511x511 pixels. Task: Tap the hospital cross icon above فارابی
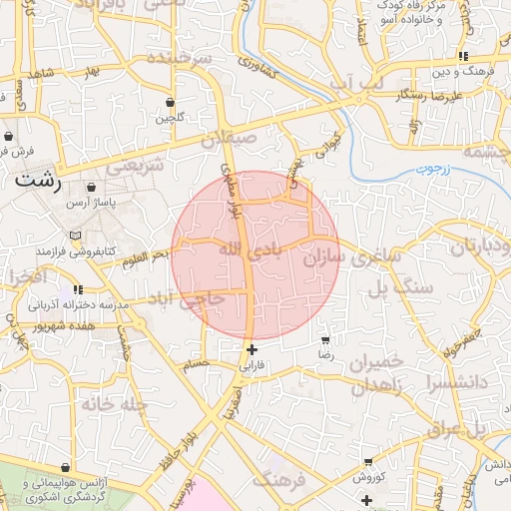(252, 350)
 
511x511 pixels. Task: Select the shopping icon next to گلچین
(170, 102)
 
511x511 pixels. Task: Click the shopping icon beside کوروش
(368, 462)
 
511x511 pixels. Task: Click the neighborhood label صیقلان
(229, 139)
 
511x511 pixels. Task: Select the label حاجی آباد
(187, 299)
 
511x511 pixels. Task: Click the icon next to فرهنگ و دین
(462, 56)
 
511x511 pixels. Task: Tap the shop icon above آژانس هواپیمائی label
(65, 467)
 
